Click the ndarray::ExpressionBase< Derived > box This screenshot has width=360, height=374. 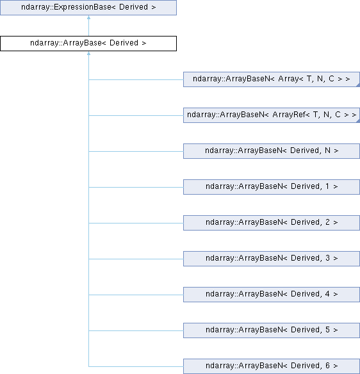click(x=88, y=8)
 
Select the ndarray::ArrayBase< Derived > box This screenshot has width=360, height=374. click(x=88, y=44)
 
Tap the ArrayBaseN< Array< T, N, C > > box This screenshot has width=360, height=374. click(x=272, y=79)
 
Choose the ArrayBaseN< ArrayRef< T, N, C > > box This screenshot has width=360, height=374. click(x=272, y=115)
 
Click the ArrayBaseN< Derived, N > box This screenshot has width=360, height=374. click(x=272, y=151)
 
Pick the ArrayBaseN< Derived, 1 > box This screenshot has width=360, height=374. click(x=272, y=187)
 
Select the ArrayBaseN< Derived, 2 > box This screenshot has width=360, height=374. click(x=272, y=223)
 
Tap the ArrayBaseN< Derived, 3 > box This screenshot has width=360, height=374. click(x=272, y=259)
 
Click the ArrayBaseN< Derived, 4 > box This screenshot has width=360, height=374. click(x=272, y=295)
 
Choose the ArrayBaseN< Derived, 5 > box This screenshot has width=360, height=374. click(x=272, y=330)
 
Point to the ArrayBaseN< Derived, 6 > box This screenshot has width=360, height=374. click(x=272, y=366)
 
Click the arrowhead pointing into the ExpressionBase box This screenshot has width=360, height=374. click(x=89, y=17)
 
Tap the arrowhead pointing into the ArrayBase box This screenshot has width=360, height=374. click(x=89, y=53)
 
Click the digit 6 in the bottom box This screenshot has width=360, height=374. click(x=327, y=366)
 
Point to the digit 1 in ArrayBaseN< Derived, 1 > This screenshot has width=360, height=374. click(x=327, y=186)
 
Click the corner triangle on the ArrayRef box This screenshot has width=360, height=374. click(x=358, y=121)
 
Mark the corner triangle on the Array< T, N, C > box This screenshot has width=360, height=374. click(x=358, y=85)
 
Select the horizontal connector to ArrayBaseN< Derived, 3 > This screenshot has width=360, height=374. click(x=136, y=259)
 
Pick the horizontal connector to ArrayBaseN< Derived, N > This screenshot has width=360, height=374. click(x=136, y=151)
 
